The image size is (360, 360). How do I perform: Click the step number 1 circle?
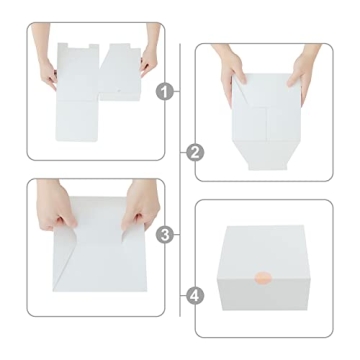(x=166, y=91)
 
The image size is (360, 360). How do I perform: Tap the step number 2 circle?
(x=194, y=152)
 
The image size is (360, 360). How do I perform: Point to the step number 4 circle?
(x=194, y=296)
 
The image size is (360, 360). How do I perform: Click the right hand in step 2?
(x=302, y=70)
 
